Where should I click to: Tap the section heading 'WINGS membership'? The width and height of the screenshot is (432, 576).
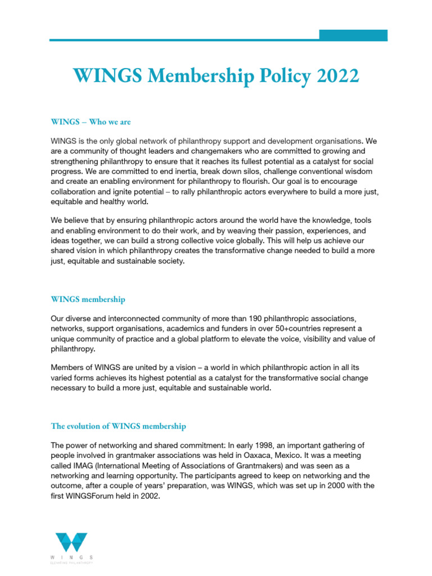click(x=88, y=299)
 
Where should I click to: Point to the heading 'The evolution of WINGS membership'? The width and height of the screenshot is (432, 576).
click(x=118, y=426)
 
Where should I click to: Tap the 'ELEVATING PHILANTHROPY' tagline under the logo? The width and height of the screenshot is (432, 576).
click(x=71, y=562)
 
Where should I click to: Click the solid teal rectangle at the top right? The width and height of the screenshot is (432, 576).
click(x=353, y=35)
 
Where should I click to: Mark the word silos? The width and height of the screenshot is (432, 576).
click(x=244, y=170)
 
